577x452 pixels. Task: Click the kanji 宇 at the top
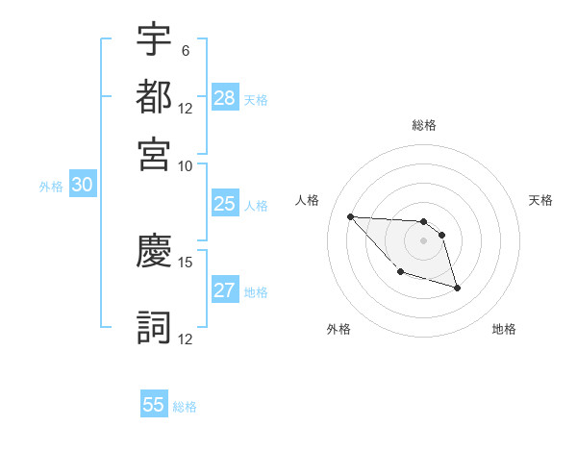click(154, 39)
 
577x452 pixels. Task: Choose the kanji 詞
click(154, 326)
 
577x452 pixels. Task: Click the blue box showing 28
click(225, 98)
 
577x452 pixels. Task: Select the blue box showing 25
click(224, 204)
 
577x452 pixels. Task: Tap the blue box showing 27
click(224, 290)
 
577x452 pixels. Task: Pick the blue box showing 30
click(82, 186)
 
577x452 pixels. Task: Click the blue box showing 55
click(154, 405)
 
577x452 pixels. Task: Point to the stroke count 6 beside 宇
click(185, 50)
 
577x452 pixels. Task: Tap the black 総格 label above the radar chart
click(424, 125)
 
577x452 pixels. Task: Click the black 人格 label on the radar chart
click(308, 200)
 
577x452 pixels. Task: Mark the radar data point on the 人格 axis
click(350, 216)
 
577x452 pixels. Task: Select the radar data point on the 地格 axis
click(457, 288)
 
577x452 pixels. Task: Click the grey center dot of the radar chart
click(423, 240)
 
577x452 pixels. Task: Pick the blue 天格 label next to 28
click(256, 99)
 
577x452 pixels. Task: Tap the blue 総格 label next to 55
click(185, 407)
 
